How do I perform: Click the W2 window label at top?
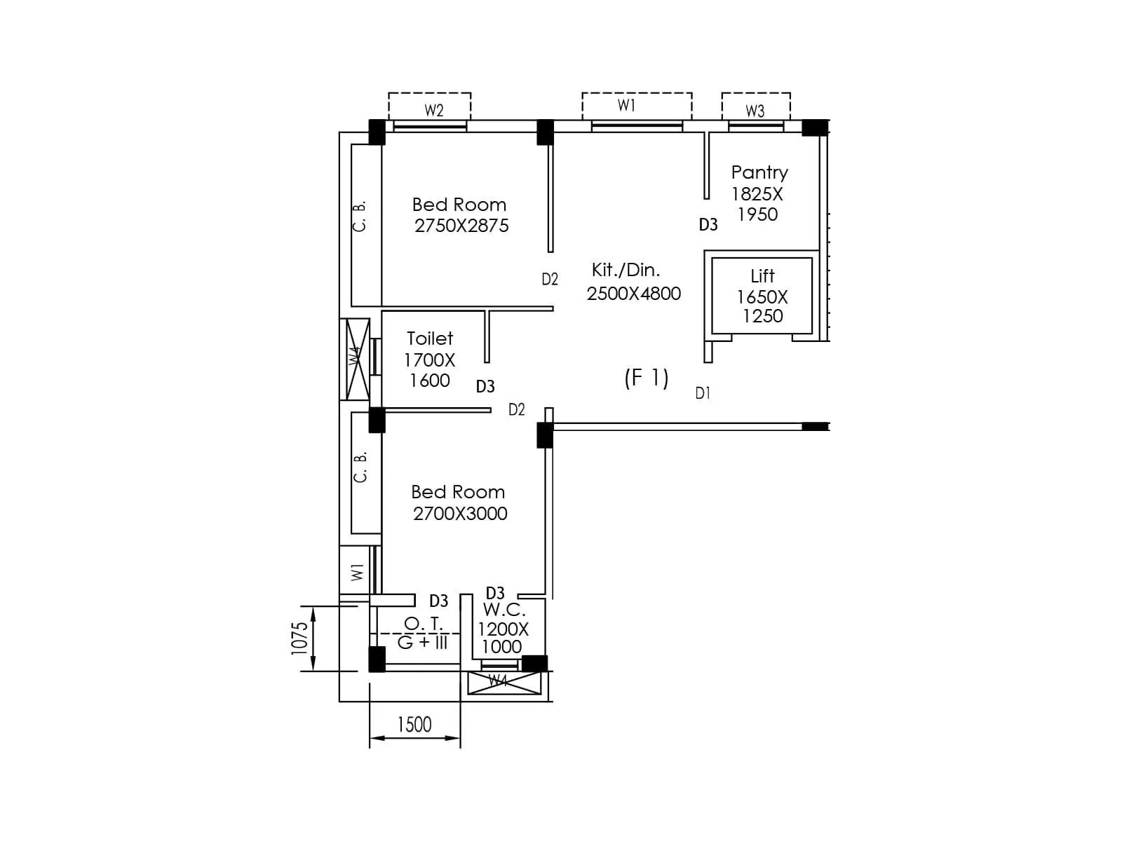point(434,110)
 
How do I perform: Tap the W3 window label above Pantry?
point(755,111)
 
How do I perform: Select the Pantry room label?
point(759,172)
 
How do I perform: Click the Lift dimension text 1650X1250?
point(762,306)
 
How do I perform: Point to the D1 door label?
point(703,393)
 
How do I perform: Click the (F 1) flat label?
point(646,378)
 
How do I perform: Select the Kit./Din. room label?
point(626,270)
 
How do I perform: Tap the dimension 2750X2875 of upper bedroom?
point(461,226)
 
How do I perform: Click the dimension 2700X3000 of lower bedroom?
point(460,514)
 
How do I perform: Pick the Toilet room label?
point(430,339)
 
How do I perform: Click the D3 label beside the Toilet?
point(485,386)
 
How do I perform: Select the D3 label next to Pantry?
point(708,225)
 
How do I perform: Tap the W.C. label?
point(503,610)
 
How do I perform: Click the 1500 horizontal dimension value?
point(414,725)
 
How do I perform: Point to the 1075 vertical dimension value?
point(299,638)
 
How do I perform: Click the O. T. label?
point(424,623)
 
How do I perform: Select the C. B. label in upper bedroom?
point(359,217)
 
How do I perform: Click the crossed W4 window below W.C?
point(504,683)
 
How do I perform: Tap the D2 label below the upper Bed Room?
point(550,280)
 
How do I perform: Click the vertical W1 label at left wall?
point(358,572)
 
